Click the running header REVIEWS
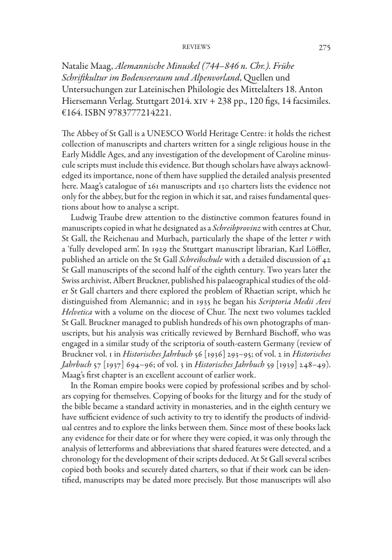click(x=196, y=47)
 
